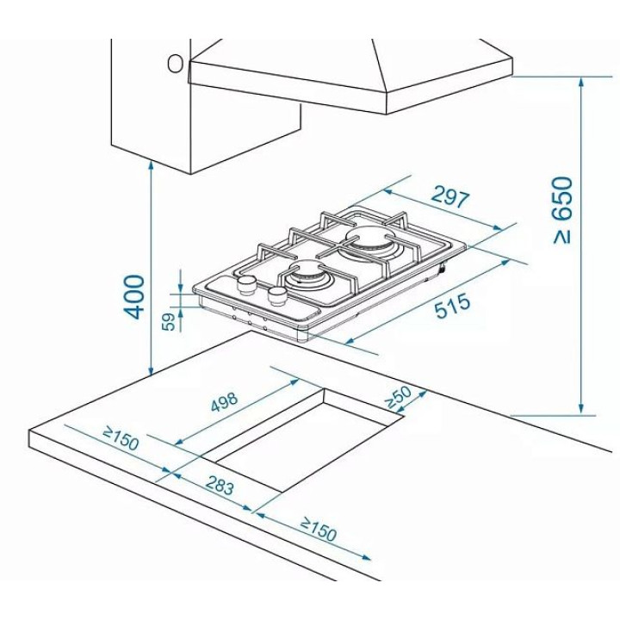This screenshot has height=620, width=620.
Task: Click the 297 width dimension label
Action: (x=450, y=197)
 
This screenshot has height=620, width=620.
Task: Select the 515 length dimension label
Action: (x=453, y=305)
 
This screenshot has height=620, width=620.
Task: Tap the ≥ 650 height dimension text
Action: (x=562, y=210)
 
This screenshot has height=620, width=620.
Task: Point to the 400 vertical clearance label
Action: (x=134, y=297)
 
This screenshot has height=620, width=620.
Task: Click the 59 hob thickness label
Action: (x=169, y=321)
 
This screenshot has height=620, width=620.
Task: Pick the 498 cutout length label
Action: (x=224, y=401)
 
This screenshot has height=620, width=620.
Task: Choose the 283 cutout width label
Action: (x=220, y=485)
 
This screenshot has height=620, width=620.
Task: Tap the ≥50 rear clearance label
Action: (x=398, y=397)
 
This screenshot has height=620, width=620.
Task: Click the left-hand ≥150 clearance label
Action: (x=121, y=438)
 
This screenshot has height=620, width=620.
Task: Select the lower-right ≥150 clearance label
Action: (x=319, y=529)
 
